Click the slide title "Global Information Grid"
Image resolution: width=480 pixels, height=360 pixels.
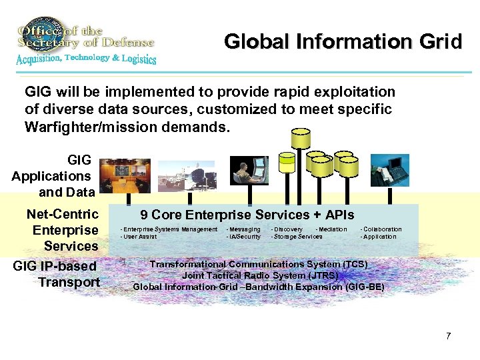(343, 42)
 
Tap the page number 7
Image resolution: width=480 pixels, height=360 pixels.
(449, 335)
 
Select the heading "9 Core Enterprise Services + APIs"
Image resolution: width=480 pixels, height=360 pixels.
(247, 215)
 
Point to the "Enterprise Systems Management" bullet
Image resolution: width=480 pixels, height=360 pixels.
(168, 229)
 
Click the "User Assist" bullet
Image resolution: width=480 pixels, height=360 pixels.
(138, 237)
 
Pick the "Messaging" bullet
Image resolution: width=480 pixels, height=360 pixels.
(243, 229)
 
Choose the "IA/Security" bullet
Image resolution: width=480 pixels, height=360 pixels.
(243, 237)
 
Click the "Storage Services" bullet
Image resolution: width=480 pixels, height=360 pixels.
(297, 237)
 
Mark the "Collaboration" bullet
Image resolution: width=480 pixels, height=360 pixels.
(381, 229)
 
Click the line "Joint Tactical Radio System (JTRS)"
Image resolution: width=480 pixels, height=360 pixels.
(260, 275)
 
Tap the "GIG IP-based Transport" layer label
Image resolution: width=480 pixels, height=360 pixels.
(56, 274)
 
